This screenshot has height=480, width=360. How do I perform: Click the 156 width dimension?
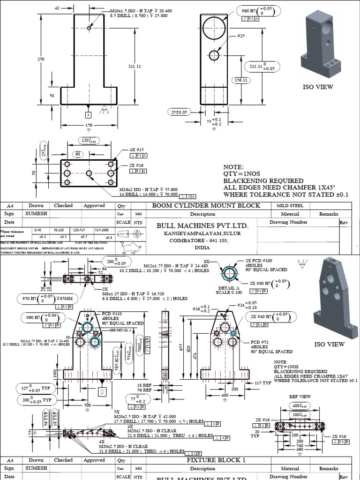(x=89, y=126)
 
